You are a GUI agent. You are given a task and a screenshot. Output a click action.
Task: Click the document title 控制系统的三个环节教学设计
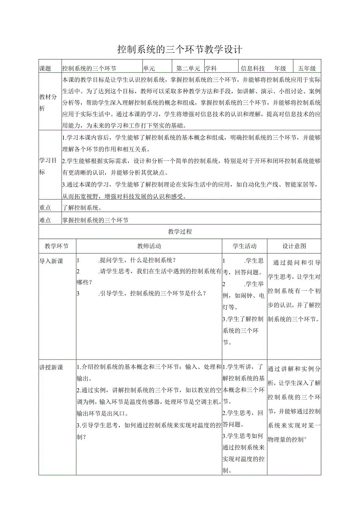point(180,49)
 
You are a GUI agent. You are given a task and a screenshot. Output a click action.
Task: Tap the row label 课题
point(45,68)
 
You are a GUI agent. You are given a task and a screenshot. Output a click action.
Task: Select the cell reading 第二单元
point(188,68)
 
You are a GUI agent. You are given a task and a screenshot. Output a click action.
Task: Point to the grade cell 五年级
point(307,68)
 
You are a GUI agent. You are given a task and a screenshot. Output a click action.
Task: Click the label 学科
point(211,68)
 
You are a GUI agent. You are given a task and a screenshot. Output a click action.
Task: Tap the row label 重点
point(45,208)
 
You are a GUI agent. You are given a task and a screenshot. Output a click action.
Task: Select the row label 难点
point(45,220)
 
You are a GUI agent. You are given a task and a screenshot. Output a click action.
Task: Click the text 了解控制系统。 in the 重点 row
point(82,208)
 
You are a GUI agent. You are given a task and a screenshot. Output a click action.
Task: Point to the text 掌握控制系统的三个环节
point(95,220)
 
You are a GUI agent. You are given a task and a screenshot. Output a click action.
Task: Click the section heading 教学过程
point(180,232)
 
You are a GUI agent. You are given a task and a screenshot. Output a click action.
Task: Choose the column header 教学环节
point(57,246)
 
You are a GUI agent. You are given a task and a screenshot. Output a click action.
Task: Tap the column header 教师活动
point(149,246)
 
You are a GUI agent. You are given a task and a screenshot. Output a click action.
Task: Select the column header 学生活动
point(245,246)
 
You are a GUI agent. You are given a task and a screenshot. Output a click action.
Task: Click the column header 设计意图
point(294,246)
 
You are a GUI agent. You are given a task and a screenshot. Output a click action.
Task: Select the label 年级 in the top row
point(280,68)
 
